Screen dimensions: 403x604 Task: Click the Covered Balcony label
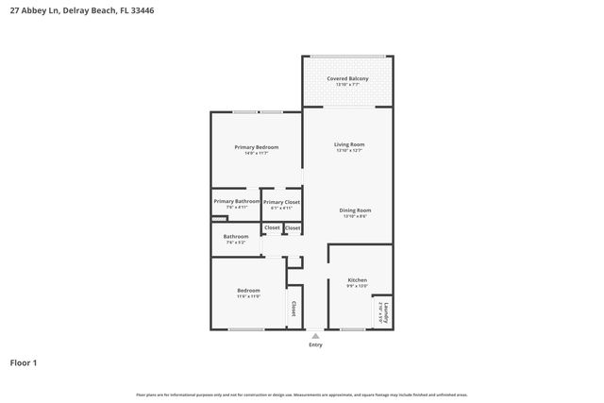pos(347,78)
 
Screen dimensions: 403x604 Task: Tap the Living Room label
pos(348,144)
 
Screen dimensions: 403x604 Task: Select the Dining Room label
pos(356,210)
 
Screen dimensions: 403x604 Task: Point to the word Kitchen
pos(357,280)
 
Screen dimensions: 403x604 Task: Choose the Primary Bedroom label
pos(257,147)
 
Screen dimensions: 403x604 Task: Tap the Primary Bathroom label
pos(236,201)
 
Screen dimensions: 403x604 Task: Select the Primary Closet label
pos(281,202)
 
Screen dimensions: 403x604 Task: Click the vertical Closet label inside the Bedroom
pos(293,309)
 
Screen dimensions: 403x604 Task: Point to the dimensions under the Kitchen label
pos(357,287)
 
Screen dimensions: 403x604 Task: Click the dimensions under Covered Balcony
pos(347,85)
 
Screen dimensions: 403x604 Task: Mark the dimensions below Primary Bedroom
pos(257,154)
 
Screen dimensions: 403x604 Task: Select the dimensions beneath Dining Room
pos(356,216)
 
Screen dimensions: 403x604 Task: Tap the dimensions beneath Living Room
pos(348,151)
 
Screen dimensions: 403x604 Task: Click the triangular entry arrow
pos(315,335)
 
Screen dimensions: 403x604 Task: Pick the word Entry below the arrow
pos(315,344)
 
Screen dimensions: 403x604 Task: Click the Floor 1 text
pos(24,362)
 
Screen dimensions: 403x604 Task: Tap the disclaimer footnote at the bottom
pos(302,395)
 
